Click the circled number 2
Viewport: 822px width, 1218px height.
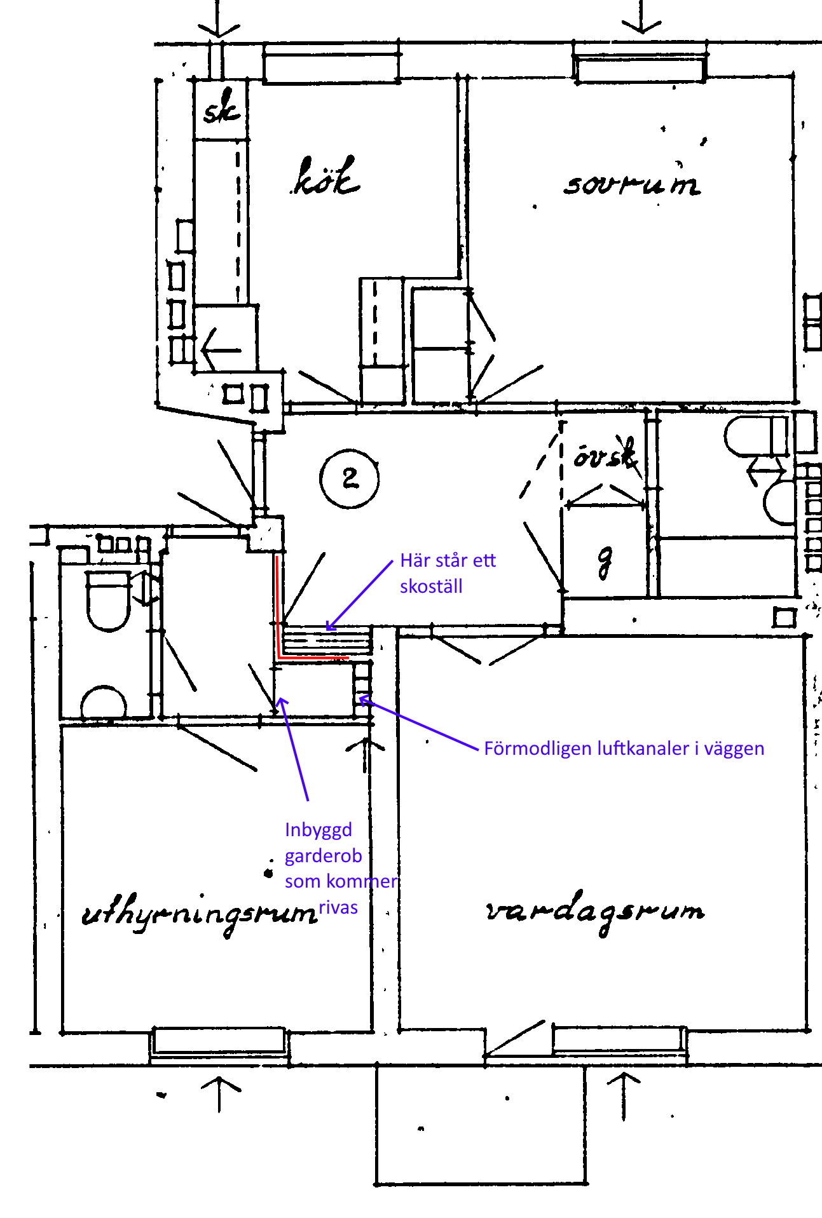[x=350, y=478]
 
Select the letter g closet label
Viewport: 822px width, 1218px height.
[x=605, y=560]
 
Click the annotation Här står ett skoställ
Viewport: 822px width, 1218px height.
[x=448, y=573]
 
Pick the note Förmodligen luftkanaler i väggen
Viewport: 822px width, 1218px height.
[x=624, y=748]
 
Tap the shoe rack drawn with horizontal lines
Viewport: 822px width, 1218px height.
[x=327, y=640]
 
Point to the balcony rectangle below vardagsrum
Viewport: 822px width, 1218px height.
[x=480, y=1125]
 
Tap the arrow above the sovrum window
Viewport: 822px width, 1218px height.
[x=642, y=17]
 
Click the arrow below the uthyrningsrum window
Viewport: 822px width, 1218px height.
[x=220, y=1093]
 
